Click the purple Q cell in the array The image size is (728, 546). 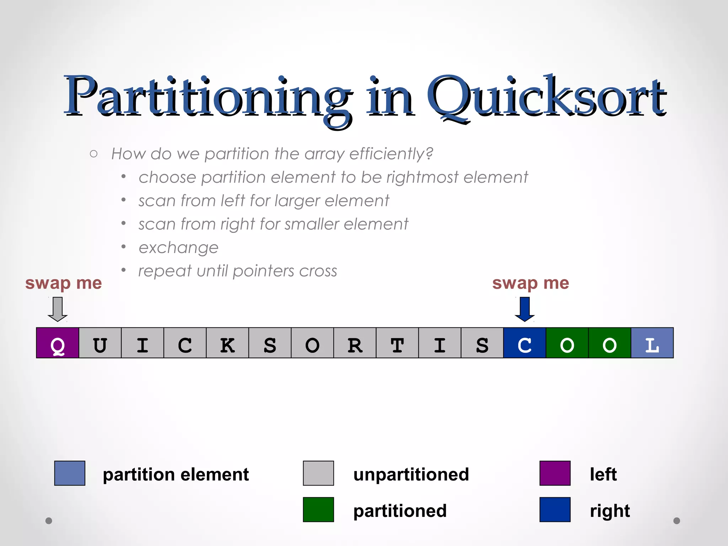(58, 343)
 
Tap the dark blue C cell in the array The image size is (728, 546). (525, 343)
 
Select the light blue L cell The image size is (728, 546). (652, 343)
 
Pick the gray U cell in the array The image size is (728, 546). (100, 343)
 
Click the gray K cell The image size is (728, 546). (227, 343)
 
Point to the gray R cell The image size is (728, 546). (355, 343)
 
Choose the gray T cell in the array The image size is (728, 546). (397, 343)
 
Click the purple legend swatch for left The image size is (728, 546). (555, 473)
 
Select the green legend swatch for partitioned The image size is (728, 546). (318, 509)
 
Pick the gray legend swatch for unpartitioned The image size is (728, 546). (318, 473)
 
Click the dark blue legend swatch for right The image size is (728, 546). (555, 509)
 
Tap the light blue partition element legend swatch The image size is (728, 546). (70, 473)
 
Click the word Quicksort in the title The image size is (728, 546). (546, 98)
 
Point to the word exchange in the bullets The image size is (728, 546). (178, 248)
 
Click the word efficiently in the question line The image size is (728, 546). (391, 154)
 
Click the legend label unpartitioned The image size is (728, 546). (411, 475)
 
